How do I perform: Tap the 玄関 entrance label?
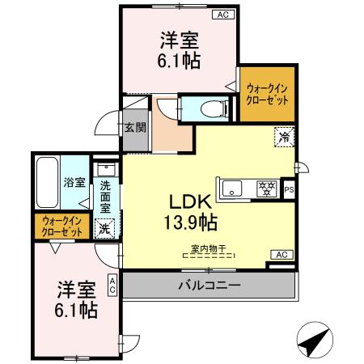[134, 127]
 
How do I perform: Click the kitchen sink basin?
[233, 189]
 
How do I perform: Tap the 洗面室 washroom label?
[105, 194]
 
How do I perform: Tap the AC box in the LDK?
[281, 255]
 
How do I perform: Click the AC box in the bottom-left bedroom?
[112, 284]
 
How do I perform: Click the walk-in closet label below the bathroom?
[62, 227]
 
